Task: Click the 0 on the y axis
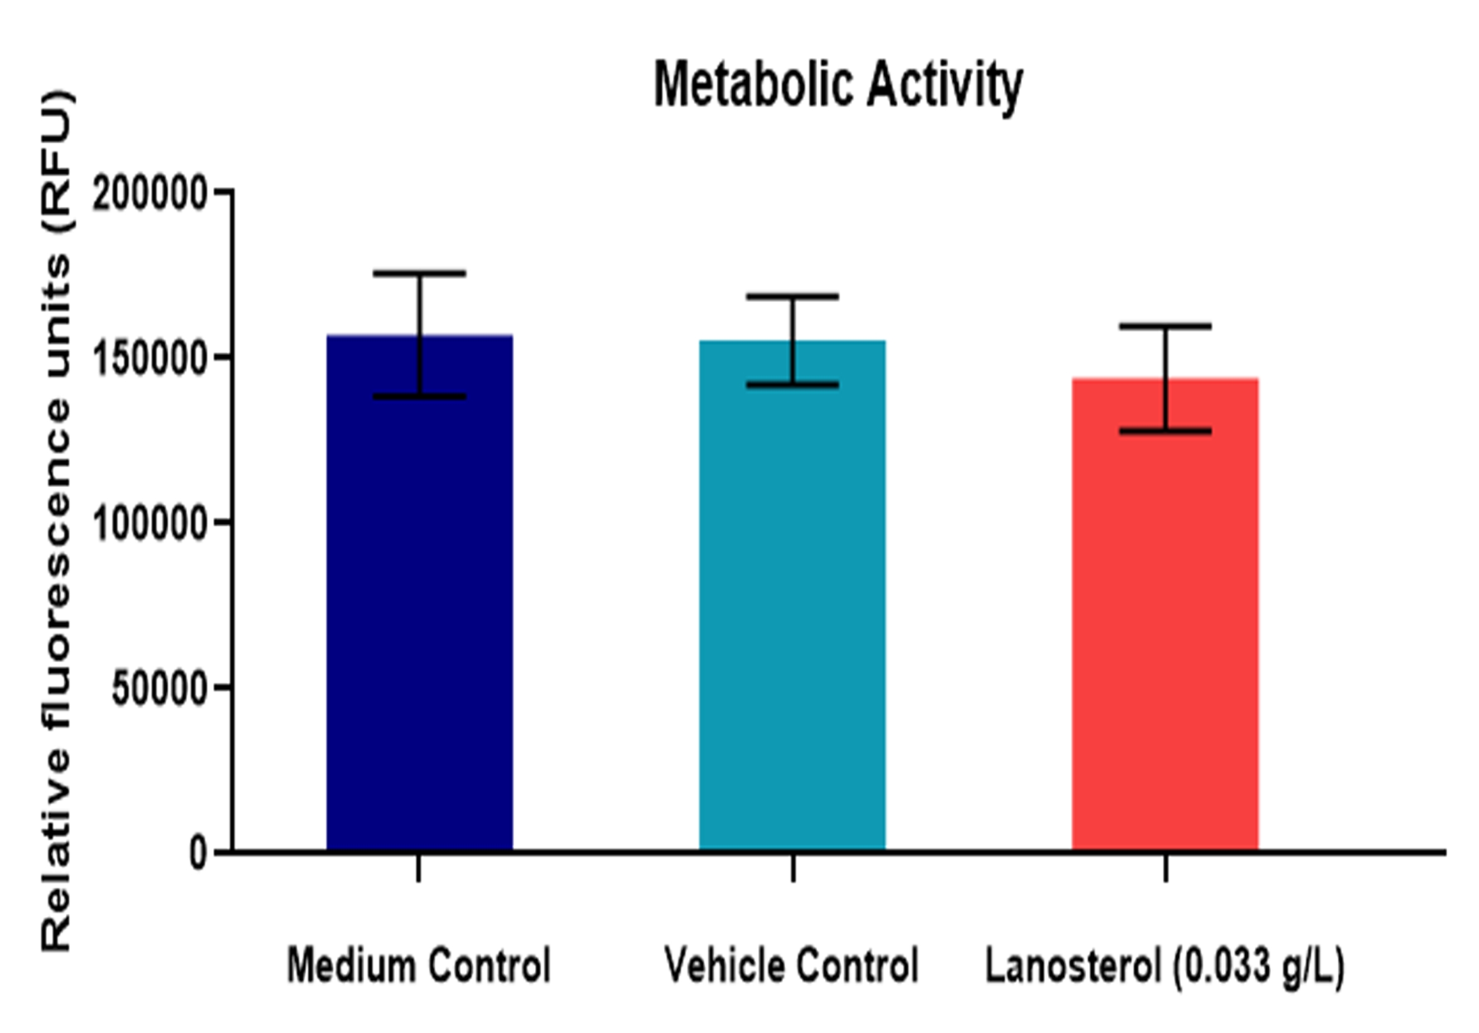pyautogui.click(x=197, y=852)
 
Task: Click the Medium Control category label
pyautogui.click(x=419, y=965)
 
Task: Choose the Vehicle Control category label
pyautogui.click(x=792, y=965)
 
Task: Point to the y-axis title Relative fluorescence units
pyautogui.click(x=57, y=522)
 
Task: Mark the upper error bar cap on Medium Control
pyautogui.click(x=419, y=273)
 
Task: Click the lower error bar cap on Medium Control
pyautogui.click(x=419, y=396)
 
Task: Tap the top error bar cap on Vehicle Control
pyautogui.click(x=792, y=296)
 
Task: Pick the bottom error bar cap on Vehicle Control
pyautogui.click(x=792, y=386)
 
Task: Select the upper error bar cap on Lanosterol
pyautogui.click(x=1165, y=326)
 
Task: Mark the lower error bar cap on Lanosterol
pyautogui.click(x=1165, y=431)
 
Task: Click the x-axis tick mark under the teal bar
pyautogui.click(x=793, y=868)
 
